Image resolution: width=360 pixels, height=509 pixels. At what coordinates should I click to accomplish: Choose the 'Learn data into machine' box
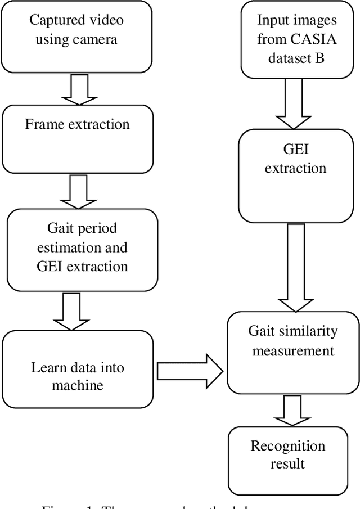tap(77, 369)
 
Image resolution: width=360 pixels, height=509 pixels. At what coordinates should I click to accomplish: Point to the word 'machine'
tap(77, 385)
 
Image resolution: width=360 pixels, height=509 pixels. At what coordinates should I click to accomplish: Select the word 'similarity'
tap(310, 331)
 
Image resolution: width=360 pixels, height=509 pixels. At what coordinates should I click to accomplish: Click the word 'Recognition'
tap(287, 446)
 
